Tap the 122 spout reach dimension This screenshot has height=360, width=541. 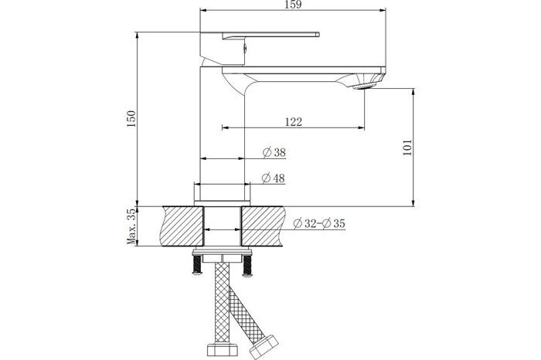(x=292, y=121)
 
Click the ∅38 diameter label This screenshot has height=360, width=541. (x=275, y=152)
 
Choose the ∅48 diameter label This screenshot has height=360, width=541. (x=275, y=178)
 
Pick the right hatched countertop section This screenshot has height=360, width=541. (x=263, y=225)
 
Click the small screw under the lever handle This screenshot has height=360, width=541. (x=245, y=48)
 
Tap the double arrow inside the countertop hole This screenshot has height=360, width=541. (x=223, y=231)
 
